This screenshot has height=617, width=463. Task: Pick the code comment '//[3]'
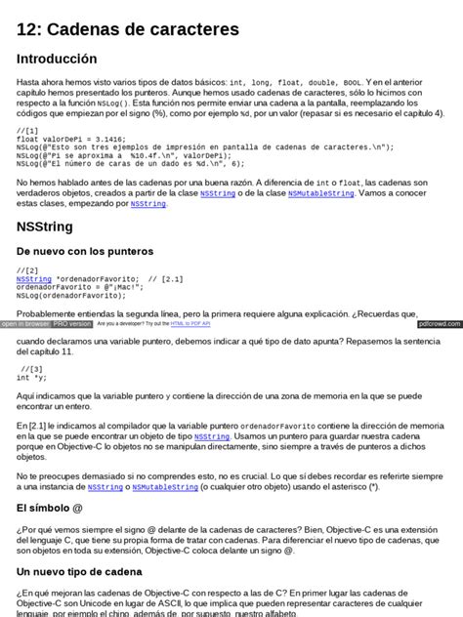31,369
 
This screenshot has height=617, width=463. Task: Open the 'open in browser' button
25,323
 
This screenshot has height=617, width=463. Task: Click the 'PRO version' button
72,323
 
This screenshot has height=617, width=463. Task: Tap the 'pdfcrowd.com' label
438,323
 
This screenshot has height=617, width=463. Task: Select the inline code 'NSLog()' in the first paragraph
113,102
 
